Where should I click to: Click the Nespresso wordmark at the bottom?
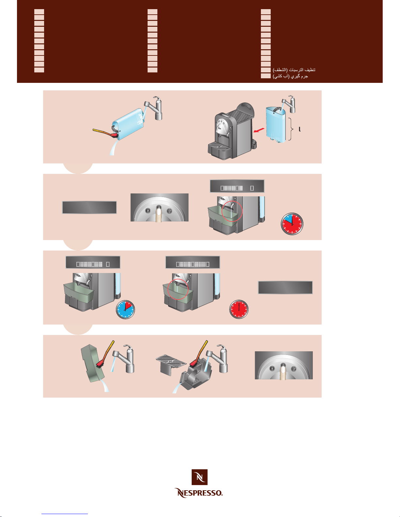coord(198,493)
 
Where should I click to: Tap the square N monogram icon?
coord(200,477)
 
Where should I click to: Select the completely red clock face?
coord(239,309)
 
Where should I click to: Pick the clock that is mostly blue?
coord(125,309)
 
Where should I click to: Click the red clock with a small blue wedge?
coord(292,224)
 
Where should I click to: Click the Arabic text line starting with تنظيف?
coord(294,70)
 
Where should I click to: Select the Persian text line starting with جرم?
coord(290,76)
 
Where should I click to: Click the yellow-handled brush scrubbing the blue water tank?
coord(105,133)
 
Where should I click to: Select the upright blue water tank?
coord(276,124)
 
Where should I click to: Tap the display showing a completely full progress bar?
coord(193,262)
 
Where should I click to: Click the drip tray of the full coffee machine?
coord(219,149)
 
